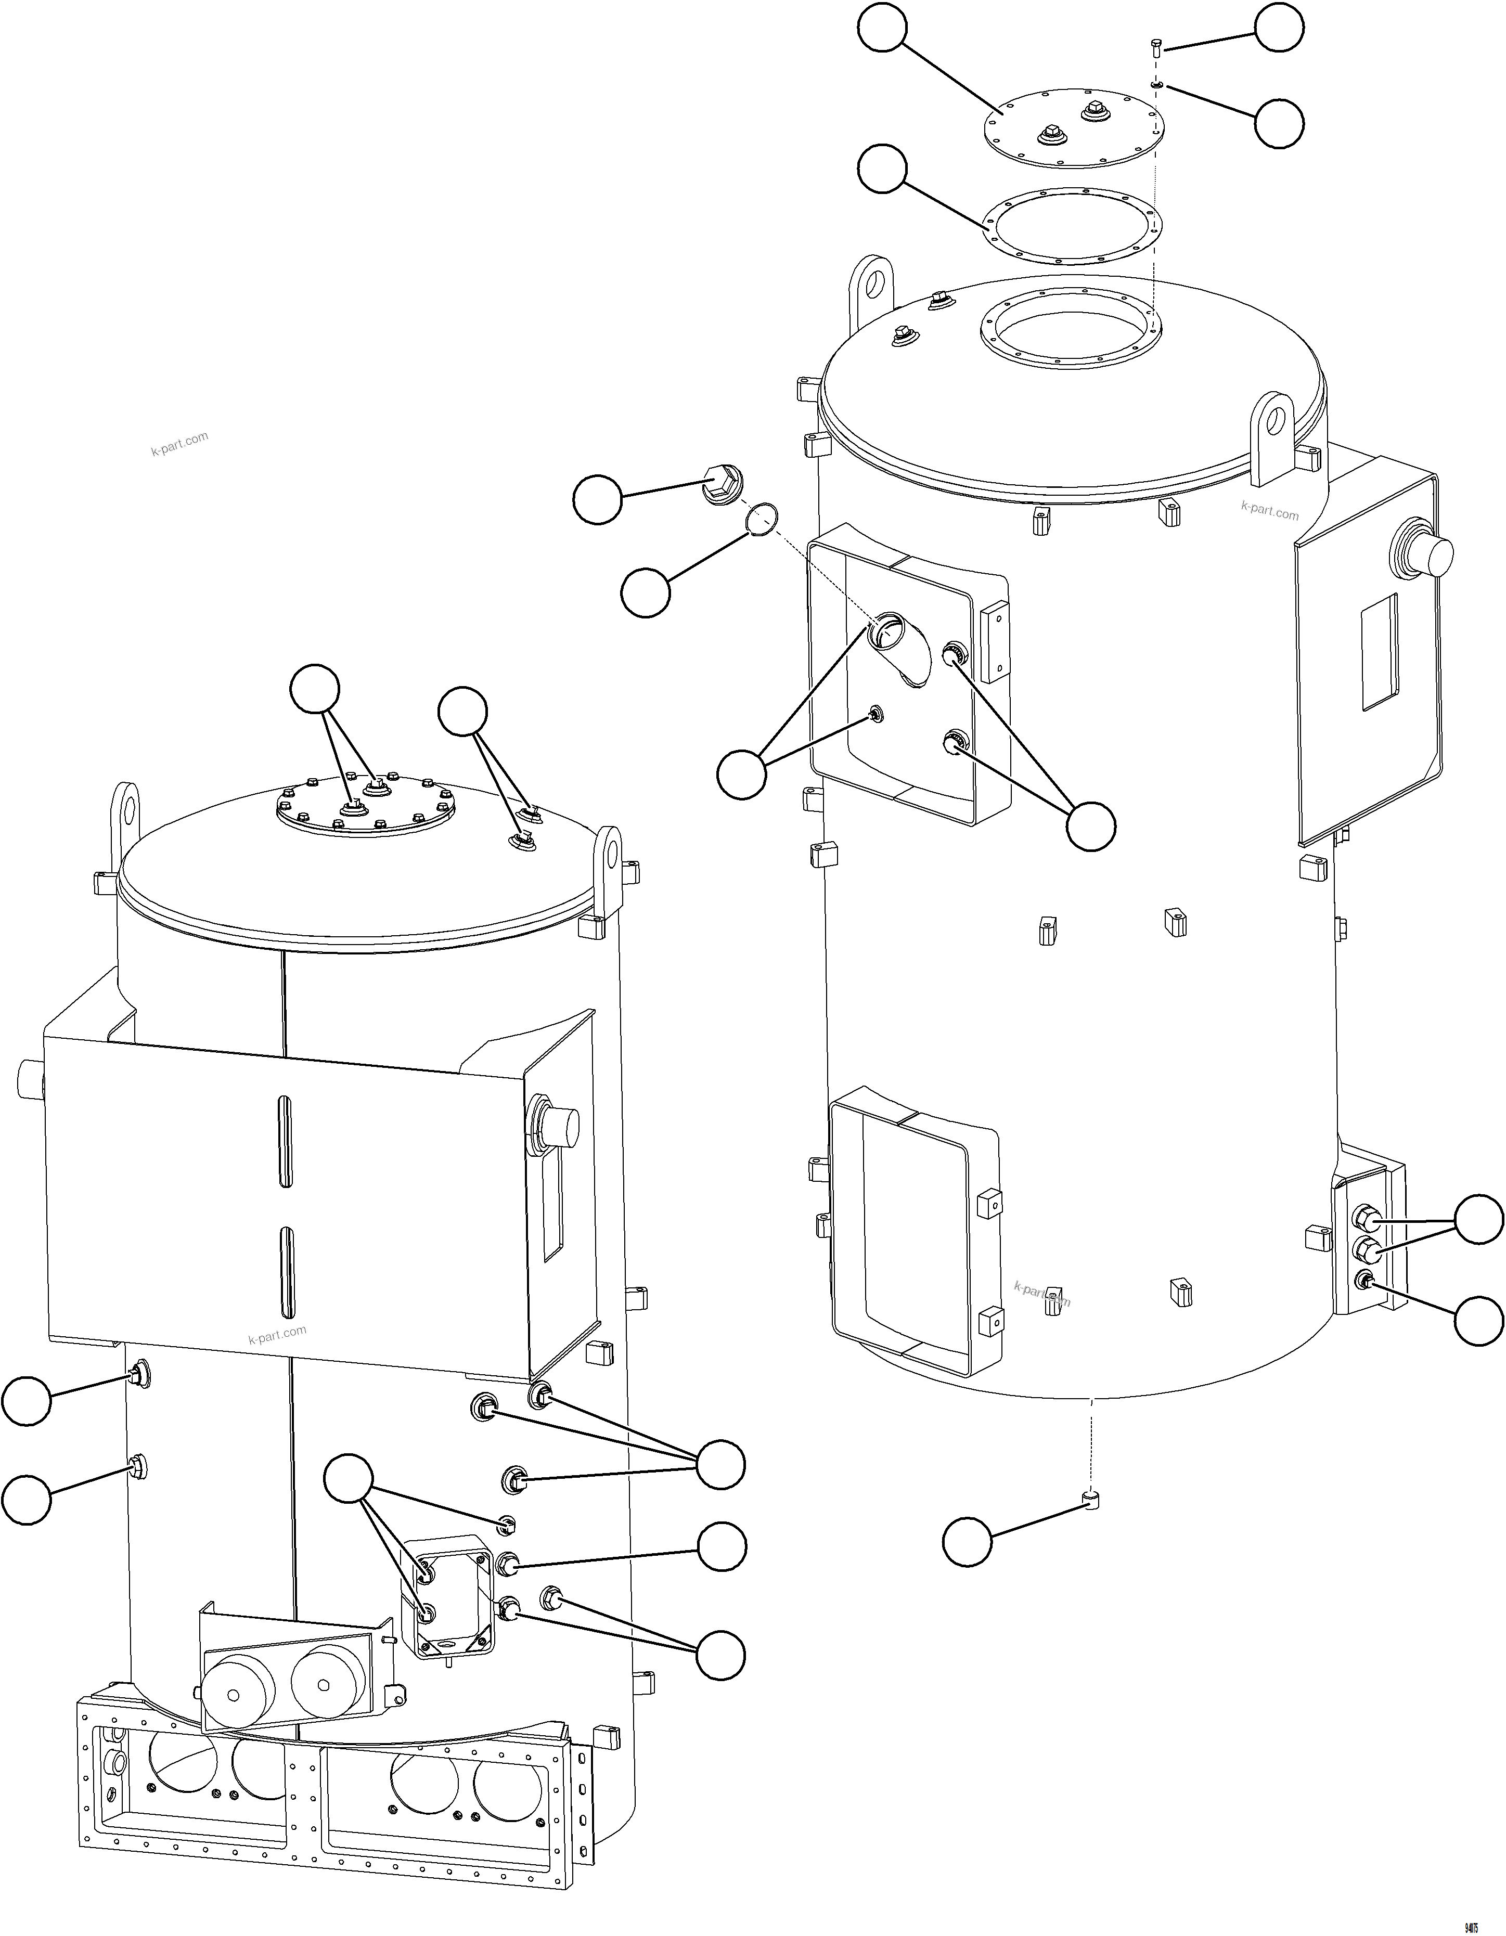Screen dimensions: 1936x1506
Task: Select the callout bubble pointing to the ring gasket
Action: click(882, 170)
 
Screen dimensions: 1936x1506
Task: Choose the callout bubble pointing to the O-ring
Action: click(645, 593)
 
